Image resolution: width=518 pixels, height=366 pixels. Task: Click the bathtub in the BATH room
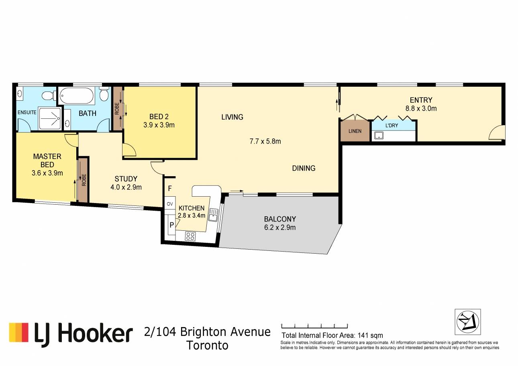coord(77,96)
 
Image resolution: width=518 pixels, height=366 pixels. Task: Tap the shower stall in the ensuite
coord(50,118)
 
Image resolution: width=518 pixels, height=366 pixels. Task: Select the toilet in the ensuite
coord(49,96)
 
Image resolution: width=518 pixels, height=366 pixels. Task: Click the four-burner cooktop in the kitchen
coord(190,236)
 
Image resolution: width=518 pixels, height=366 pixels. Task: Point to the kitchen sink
coord(213,215)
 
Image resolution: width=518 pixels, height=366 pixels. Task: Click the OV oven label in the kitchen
coord(170,204)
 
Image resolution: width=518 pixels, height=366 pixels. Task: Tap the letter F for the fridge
coord(170,189)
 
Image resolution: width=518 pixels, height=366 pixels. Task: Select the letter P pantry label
coord(171,225)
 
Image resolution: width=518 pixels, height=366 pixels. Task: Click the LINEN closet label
coord(355,131)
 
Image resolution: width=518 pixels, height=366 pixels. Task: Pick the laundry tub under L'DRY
coord(379,135)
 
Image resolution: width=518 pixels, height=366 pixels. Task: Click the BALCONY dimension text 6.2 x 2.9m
coord(280,228)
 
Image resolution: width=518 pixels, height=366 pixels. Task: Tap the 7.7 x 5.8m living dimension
coord(265,141)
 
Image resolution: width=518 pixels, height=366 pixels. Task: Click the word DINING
coord(304,168)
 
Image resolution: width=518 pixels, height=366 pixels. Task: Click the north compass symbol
coord(467,322)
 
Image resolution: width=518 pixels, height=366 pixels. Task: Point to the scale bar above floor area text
coord(314,326)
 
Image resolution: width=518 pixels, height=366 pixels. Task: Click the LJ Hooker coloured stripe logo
coord(18,332)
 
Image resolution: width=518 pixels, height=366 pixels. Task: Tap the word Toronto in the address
coord(208,346)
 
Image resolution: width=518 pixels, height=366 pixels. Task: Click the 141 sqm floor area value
coord(370,335)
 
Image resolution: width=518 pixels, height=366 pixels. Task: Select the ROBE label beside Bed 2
coord(117,109)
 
